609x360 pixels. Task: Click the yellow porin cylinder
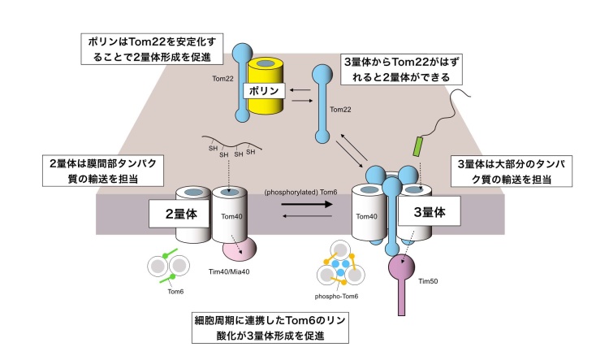[x=266, y=101]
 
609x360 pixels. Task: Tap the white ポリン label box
[x=264, y=91]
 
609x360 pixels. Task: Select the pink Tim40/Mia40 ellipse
[x=240, y=248]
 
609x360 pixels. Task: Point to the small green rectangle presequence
[x=419, y=146]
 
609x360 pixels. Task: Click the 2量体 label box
[x=179, y=214]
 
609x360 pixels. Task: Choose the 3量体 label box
[x=430, y=211]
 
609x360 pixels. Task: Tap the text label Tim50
[x=428, y=281]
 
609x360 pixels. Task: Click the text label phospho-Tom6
[x=336, y=297]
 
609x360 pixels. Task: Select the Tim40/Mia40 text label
[x=229, y=271]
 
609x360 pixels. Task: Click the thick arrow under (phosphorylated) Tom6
[x=307, y=204]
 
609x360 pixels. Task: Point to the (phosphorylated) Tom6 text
[x=300, y=192]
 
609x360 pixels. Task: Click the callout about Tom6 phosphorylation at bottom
[x=270, y=327]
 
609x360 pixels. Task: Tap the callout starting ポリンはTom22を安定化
[x=152, y=49]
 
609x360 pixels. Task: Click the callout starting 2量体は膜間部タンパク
[x=103, y=171]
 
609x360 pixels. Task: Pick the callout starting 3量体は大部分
[x=511, y=171]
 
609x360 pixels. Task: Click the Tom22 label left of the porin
[x=222, y=79]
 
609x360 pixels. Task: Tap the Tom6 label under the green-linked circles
[x=175, y=292]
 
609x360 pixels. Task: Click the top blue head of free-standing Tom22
[x=322, y=74]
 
